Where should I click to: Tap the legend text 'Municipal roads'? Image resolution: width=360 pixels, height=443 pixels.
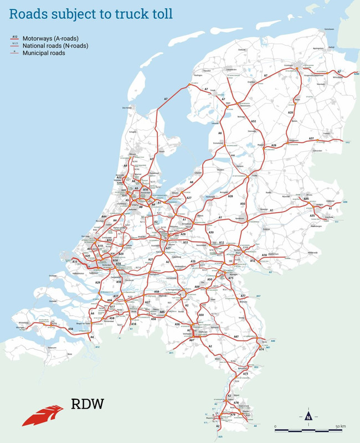point(44,53)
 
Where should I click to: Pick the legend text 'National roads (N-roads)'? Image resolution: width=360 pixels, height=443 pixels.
point(56,45)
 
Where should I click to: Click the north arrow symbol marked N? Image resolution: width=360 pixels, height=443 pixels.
point(308,417)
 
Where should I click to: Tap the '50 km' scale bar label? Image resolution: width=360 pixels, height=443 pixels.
point(340,425)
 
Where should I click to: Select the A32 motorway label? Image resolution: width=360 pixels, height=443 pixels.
point(253,121)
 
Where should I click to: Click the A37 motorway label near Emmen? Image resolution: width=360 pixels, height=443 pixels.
point(312,138)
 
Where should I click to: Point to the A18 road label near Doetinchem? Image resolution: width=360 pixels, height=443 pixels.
point(265,255)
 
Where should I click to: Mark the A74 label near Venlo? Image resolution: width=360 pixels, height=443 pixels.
point(261,349)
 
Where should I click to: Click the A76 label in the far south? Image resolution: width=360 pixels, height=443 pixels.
point(236,403)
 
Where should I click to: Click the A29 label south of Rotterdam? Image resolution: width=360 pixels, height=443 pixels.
point(97,282)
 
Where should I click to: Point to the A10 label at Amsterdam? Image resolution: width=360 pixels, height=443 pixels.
point(145,190)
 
